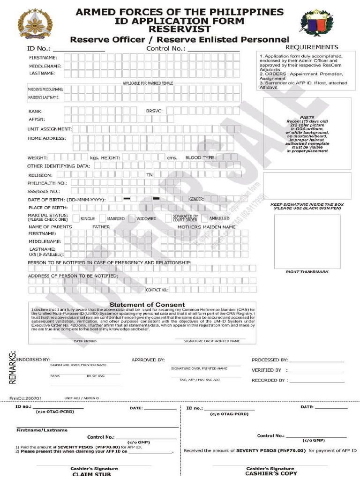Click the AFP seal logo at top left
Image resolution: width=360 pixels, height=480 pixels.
point(35,24)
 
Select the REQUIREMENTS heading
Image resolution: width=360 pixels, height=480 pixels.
point(311,47)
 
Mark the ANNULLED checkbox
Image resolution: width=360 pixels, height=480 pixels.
point(204,218)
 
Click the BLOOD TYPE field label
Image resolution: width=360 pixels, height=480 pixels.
point(200,158)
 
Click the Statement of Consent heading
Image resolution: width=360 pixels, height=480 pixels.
point(153,305)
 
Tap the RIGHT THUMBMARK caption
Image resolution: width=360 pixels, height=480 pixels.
point(307,272)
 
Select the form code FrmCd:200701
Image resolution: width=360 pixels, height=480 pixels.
point(26,398)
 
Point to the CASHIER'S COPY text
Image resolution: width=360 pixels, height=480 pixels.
point(270,473)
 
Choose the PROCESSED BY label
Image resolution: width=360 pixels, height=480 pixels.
point(270,360)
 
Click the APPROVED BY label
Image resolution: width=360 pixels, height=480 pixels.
point(148,360)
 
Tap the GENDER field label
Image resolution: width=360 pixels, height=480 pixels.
point(196,199)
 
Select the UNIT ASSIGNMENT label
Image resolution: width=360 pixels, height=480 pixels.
point(49,129)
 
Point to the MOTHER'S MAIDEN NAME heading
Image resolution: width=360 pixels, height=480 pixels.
point(206,227)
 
